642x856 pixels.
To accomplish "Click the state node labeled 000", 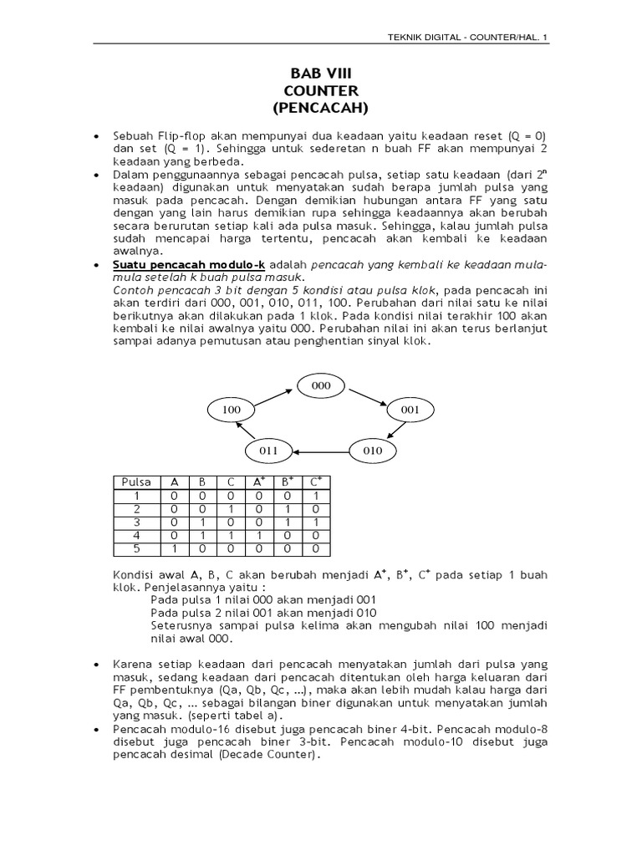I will [322, 385].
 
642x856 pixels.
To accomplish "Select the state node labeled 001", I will [410, 410].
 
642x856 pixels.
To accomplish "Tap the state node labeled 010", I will [373, 451].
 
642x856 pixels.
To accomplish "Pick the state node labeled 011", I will [268, 451].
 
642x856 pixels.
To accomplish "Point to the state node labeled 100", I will [230, 410].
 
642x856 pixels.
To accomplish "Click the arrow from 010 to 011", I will [320, 451].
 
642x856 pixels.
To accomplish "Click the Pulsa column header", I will [136, 482].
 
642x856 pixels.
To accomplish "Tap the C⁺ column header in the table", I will [315, 482].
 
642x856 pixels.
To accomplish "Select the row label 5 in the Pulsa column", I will [136, 549].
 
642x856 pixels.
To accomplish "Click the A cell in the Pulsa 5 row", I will [175, 549].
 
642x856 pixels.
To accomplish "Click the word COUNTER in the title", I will [321, 90].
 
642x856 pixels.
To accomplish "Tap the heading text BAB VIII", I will [321, 74].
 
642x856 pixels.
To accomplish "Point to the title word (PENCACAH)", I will [321, 108].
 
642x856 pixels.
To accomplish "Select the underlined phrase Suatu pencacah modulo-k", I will [189, 265].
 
